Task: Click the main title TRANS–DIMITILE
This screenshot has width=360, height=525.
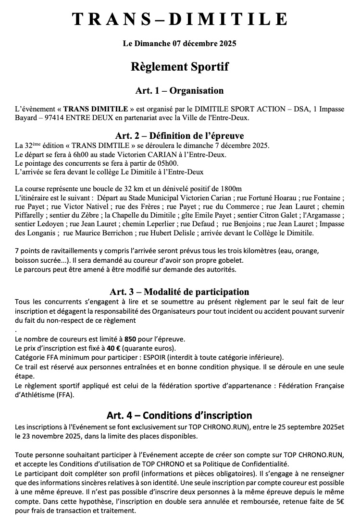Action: [180, 19]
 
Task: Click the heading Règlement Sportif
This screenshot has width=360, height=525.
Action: [180, 67]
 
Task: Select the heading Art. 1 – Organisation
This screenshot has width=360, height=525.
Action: [180, 90]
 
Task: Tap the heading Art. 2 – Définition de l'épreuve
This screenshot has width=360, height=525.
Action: [180, 135]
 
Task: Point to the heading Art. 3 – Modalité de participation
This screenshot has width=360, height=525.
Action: [180, 292]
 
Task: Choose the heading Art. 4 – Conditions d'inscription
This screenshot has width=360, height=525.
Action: [180, 415]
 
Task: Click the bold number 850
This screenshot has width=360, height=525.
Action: [130, 339]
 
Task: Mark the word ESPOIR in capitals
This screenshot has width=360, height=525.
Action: [148, 357]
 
